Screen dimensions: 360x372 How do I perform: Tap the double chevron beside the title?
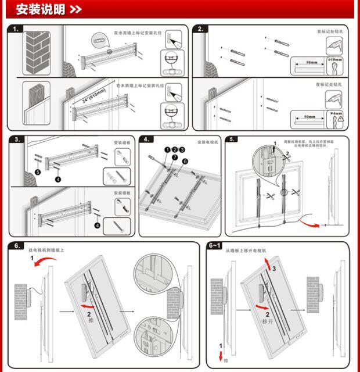75,9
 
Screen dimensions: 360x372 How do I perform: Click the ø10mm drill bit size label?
335,59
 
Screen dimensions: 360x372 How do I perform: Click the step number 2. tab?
200,28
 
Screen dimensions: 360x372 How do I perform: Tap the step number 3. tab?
17,139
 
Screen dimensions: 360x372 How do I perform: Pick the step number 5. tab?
232,139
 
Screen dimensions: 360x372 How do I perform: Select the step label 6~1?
215,245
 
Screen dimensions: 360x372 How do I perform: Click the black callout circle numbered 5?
37,172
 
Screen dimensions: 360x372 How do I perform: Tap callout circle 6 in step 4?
185,162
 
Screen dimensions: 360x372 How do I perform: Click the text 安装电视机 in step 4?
206,142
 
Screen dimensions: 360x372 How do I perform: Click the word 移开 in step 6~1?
267,320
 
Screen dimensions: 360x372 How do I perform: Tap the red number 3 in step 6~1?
275,268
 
